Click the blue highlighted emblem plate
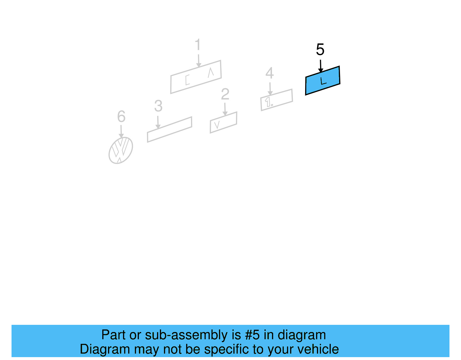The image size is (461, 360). tap(322, 81)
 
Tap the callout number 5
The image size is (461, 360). tap(320, 49)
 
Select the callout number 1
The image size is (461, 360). tap(198, 45)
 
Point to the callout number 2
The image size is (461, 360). tap(225, 94)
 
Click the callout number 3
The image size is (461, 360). tap(158, 106)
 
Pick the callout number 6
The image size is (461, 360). tap(121, 116)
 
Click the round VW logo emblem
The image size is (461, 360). tap(121, 150)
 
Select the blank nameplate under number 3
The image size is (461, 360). tap(170, 129)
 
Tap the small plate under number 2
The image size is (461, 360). tap(223, 122)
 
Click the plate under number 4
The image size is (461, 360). tap(277, 100)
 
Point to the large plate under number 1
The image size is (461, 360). tap(196, 77)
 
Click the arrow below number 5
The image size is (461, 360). tap(321, 66)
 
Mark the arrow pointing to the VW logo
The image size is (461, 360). tap(121, 131)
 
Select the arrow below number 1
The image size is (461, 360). tap(199, 61)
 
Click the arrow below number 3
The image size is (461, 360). tap(158, 122)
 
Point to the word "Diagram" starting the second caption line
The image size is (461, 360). tap(105, 349)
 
